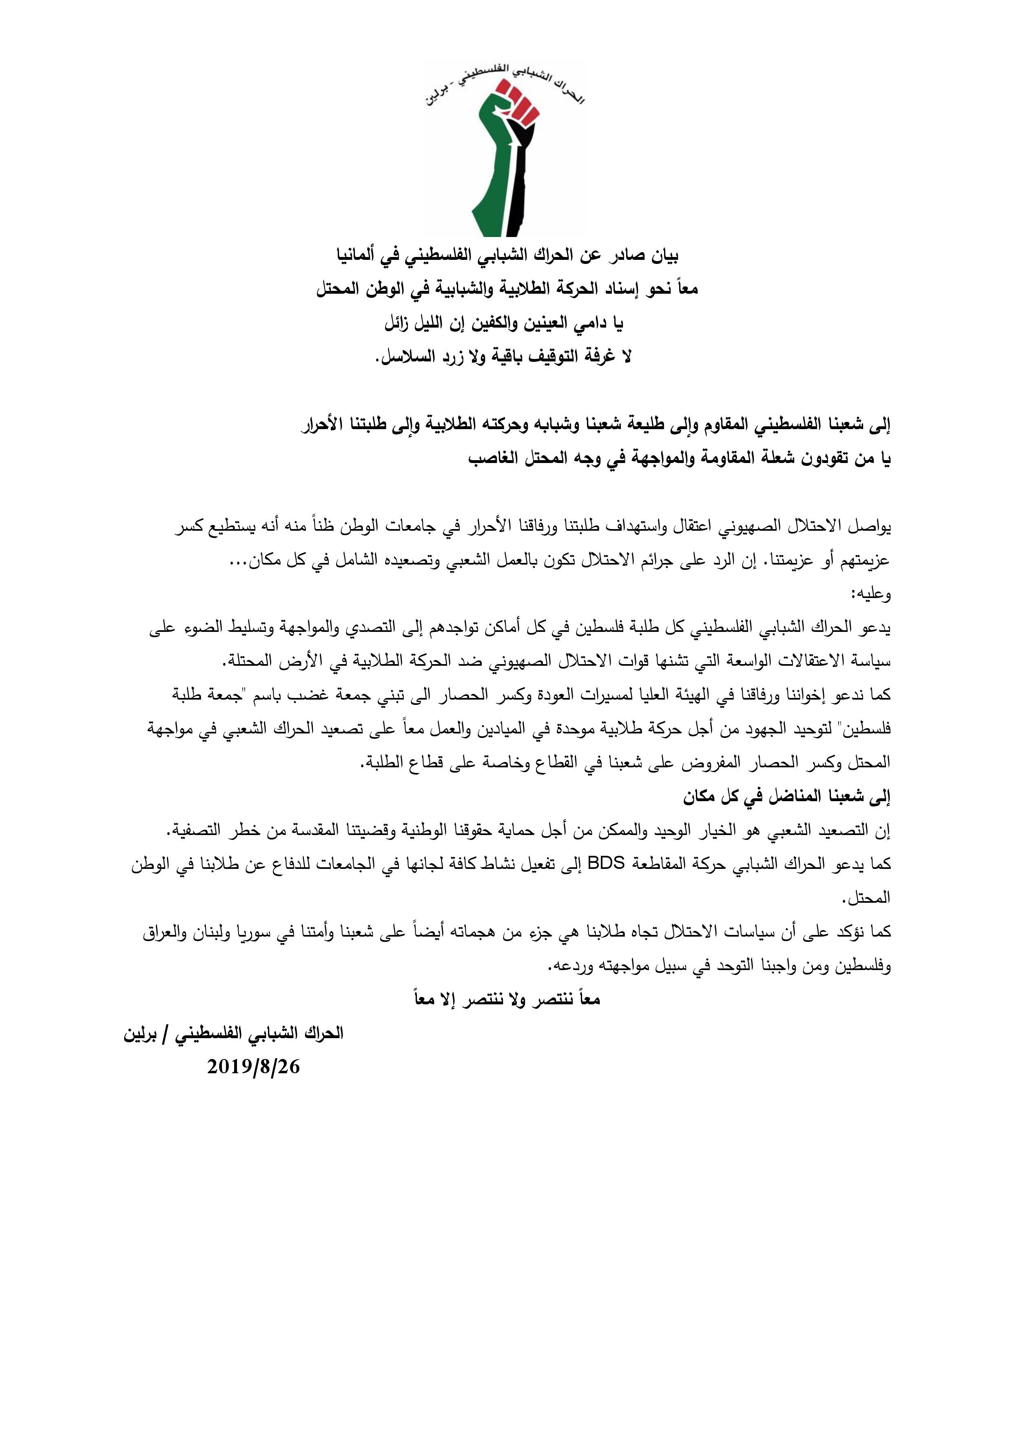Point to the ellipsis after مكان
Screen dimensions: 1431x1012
pos(239,560)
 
